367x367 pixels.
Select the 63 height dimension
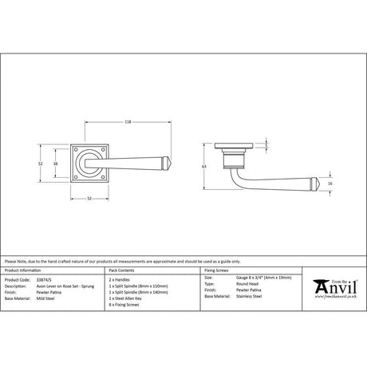(205, 166)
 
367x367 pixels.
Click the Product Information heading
(24, 272)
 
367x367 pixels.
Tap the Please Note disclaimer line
(112, 261)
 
